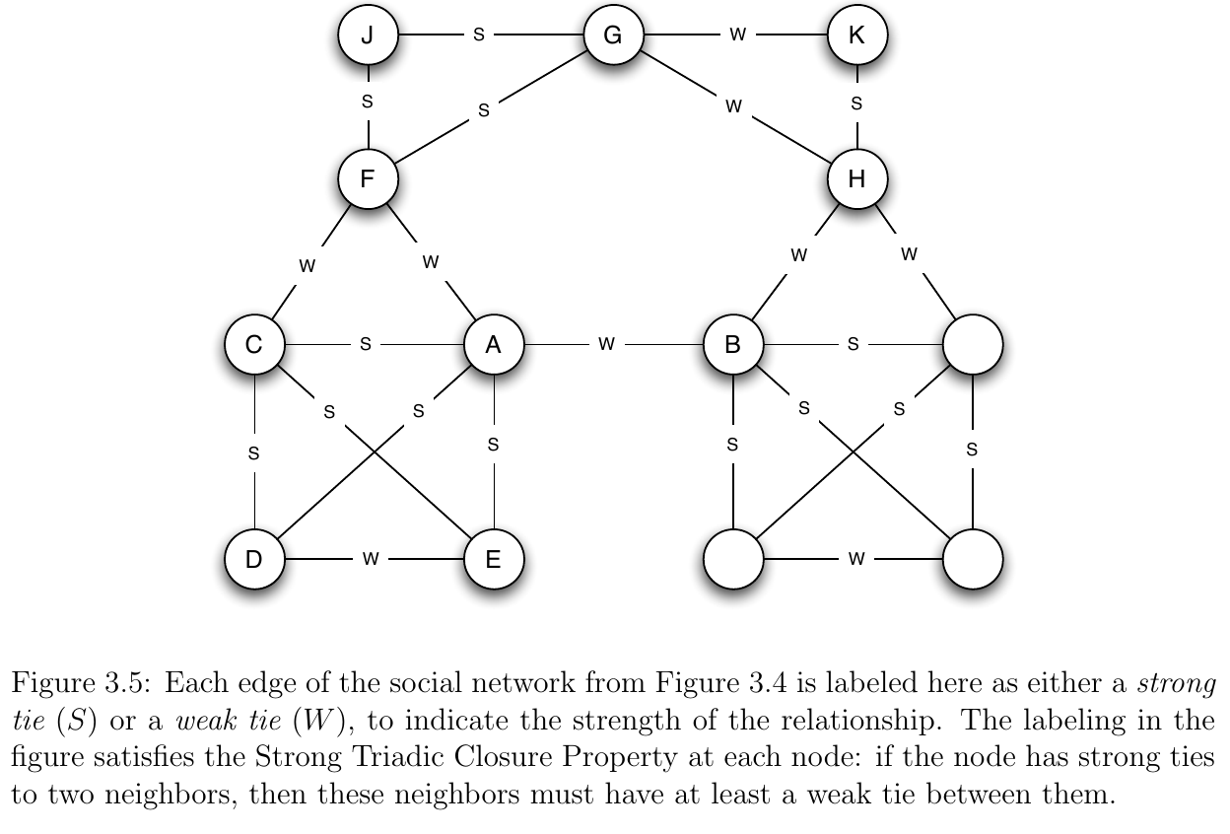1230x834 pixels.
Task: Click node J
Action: pos(368,35)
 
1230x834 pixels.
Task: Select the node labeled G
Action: pos(613,35)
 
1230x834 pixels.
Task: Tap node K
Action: pos(857,35)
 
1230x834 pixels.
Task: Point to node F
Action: pos(368,179)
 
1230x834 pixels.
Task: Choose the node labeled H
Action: pos(857,179)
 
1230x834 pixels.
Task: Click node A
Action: pos(494,345)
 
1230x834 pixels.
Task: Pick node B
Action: pos(733,345)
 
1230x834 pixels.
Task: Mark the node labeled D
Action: pos(254,559)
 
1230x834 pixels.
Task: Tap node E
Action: pos(494,559)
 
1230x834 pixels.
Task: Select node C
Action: pos(254,345)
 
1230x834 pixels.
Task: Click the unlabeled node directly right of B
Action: pos(973,345)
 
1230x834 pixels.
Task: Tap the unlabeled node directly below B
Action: pos(733,559)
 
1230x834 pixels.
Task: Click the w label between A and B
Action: pos(607,344)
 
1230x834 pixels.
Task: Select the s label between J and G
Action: pos(479,35)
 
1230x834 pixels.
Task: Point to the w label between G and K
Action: pos(737,35)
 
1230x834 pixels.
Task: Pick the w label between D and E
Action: pos(371,559)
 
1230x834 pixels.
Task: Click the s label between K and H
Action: pos(857,102)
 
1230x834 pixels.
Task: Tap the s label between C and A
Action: pos(366,344)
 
